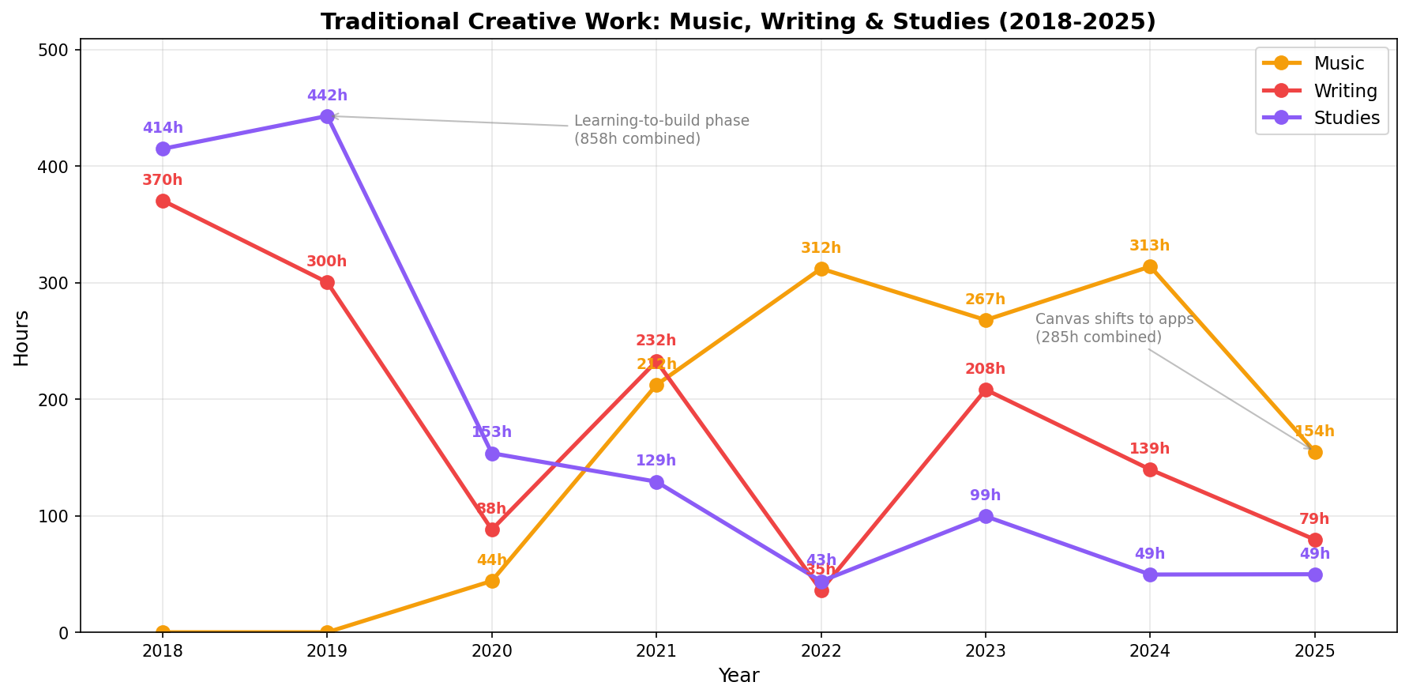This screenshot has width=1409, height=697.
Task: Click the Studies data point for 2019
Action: tap(327, 116)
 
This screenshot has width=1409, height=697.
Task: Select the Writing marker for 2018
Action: tap(163, 201)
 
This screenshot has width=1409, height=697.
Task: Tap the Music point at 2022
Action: tap(821, 269)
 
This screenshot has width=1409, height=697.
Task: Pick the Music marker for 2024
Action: tap(1150, 267)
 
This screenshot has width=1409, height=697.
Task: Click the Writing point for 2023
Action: tap(986, 390)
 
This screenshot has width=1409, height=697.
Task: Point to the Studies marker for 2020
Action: tap(492, 454)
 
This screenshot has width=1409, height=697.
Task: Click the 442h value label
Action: tap(327, 96)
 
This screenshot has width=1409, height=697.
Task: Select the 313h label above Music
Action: tap(1150, 246)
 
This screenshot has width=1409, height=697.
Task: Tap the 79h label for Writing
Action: tap(1314, 519)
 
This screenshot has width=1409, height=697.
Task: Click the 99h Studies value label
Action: tap(986, 495)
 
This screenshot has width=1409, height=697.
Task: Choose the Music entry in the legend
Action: tap(1339, 63)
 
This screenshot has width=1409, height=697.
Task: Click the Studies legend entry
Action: tap(1347, 118)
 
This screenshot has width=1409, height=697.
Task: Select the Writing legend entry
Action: tap(1345, 91)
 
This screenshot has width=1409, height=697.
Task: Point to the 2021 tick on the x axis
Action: tap(656, 651)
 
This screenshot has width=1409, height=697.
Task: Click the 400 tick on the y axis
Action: tap(58, 167)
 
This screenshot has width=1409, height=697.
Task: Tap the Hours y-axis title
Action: tap(21, 337)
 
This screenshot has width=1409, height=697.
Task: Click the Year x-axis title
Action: tap(738, 676)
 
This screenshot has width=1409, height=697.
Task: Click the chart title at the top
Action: tap(738, 21)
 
